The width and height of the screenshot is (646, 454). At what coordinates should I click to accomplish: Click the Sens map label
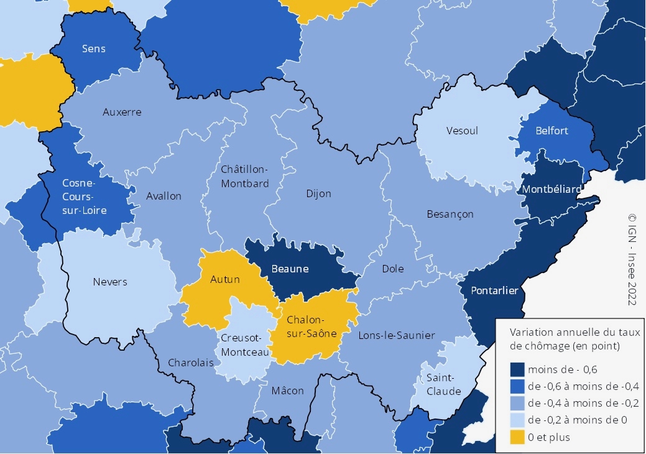(x=94, y=49)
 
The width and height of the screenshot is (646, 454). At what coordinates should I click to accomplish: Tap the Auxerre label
(x=122, y=112)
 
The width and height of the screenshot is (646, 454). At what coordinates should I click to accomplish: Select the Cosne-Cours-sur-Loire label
(x=85, y=197)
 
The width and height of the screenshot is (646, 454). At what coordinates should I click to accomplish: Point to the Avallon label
(x=164, y=196)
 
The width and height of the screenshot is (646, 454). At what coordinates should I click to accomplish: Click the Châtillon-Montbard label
(x=245, y=176)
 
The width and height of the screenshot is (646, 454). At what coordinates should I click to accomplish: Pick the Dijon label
(x=319, y=193)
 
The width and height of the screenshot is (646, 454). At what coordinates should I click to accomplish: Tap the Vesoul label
(x=463, y=131)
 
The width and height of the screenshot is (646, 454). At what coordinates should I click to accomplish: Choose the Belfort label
(x=552, y=131)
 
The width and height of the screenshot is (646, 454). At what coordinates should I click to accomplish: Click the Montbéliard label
(x=552, y=188)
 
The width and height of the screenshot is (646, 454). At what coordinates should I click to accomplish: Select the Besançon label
(x=450, y=214)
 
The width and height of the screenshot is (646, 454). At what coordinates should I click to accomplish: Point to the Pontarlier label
(x=494, y=290)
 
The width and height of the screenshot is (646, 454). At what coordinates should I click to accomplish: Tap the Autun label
(x=224, y=279)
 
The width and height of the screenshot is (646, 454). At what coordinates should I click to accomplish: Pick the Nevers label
(x=110, y=282)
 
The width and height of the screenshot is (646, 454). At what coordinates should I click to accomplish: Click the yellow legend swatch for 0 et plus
(x=516, y=437)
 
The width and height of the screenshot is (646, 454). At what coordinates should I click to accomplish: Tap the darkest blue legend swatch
(x=516, y=369)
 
